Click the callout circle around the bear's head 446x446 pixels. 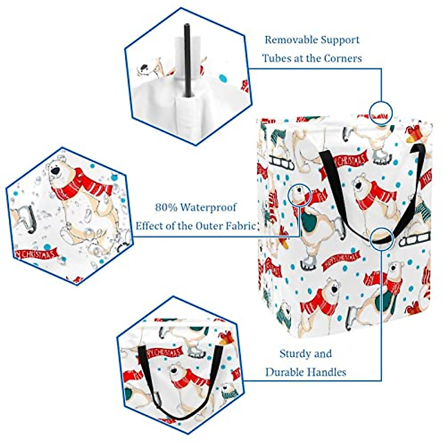300,195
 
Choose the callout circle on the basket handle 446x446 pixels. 382,238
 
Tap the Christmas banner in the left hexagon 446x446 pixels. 36,254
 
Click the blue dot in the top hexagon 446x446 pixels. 223,78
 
